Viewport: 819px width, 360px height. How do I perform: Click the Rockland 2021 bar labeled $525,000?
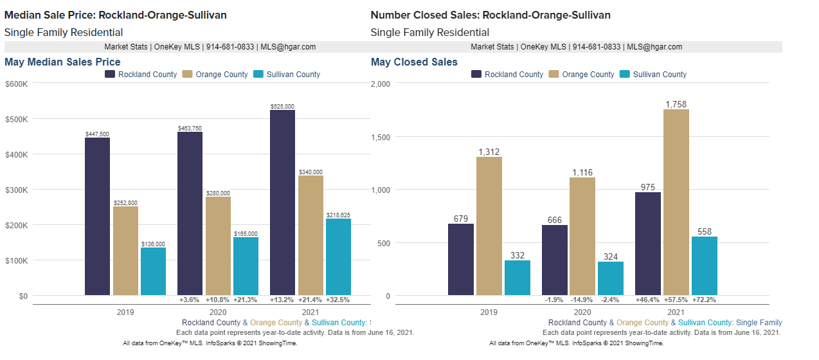282,203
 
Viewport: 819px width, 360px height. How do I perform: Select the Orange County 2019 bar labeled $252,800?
125,251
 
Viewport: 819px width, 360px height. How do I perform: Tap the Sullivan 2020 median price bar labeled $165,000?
246,266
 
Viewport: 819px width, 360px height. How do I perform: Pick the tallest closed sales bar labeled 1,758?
676,203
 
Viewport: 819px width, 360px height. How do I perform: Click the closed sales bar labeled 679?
460,260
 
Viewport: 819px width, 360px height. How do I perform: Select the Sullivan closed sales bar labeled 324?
610,278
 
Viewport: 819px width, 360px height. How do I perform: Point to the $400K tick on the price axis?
16,155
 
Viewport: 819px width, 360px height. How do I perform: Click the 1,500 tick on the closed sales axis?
381,137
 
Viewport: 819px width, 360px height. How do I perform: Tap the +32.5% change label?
338,300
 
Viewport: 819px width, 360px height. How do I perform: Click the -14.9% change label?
582,300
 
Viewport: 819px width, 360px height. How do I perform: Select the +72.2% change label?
704,300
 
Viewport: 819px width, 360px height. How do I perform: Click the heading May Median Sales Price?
62,62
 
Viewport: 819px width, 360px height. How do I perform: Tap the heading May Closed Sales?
414,62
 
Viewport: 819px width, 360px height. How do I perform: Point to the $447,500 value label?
97,134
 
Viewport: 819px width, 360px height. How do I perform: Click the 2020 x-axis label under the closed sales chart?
582,312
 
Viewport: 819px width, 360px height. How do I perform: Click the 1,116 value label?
582,172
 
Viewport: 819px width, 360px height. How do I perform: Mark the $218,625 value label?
338,215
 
